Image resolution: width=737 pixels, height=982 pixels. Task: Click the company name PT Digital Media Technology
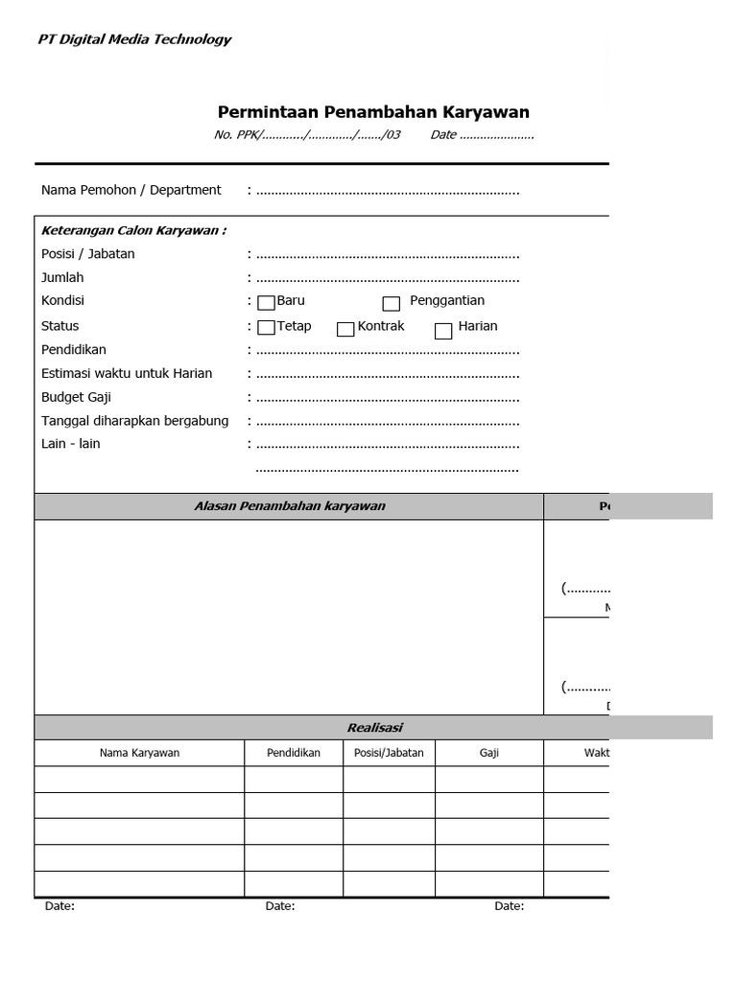(134, 39)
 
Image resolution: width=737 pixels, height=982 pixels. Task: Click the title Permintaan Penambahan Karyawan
(373, 112)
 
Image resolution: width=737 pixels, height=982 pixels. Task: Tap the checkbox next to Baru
(266, 303)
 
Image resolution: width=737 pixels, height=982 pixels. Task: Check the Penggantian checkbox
(391, 304)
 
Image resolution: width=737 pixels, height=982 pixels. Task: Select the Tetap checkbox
(266, 329)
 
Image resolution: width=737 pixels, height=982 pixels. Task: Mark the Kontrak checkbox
(345, 329)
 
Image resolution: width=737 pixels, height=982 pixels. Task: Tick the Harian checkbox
(442, 332)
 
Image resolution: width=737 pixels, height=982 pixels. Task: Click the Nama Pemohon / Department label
(131, 190)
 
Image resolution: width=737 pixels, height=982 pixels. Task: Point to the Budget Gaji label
(76, 397)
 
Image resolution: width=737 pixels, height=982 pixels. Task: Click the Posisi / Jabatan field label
(87, 254)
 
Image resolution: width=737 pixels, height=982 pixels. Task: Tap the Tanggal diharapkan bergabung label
(134, 420)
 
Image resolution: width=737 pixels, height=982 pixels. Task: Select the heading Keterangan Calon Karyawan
(133, 230)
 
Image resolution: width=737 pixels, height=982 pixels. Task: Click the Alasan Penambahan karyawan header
(289, 506)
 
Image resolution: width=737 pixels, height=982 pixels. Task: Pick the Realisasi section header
(374, 728)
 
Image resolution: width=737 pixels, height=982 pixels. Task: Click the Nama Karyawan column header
(139, 753)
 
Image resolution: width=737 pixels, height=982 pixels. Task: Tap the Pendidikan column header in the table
(293, 753)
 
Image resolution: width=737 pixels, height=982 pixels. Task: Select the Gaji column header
(488, 753)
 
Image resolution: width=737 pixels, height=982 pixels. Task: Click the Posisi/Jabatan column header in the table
(389, 753)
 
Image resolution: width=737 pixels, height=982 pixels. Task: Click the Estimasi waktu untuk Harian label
(127, 373)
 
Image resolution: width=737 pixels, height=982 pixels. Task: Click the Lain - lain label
(70, 443)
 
